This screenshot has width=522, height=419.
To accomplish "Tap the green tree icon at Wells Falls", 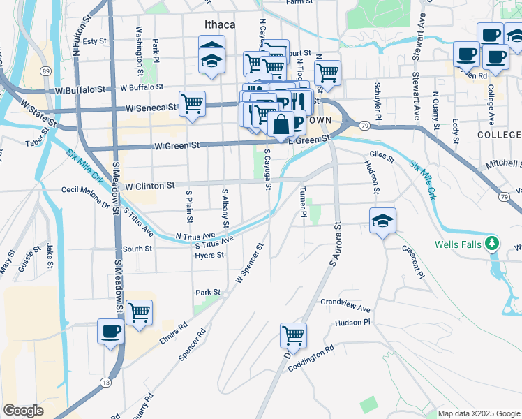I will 493,243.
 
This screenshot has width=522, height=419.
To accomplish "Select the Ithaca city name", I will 220,24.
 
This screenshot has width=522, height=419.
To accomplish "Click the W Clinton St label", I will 149,186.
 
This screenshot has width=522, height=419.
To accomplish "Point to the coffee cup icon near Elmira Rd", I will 111,331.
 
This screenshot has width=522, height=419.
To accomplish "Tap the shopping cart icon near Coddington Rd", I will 294,335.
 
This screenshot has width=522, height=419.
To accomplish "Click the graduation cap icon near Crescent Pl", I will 382,221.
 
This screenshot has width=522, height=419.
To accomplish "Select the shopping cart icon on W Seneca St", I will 192,104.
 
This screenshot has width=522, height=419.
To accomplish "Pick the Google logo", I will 23,411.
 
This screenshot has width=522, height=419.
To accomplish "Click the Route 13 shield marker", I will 105,381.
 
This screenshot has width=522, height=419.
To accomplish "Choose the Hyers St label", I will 209,256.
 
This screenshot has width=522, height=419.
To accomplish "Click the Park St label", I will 208,293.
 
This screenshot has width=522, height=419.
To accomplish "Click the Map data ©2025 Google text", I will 479,413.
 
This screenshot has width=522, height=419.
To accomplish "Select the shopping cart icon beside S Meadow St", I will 140,312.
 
